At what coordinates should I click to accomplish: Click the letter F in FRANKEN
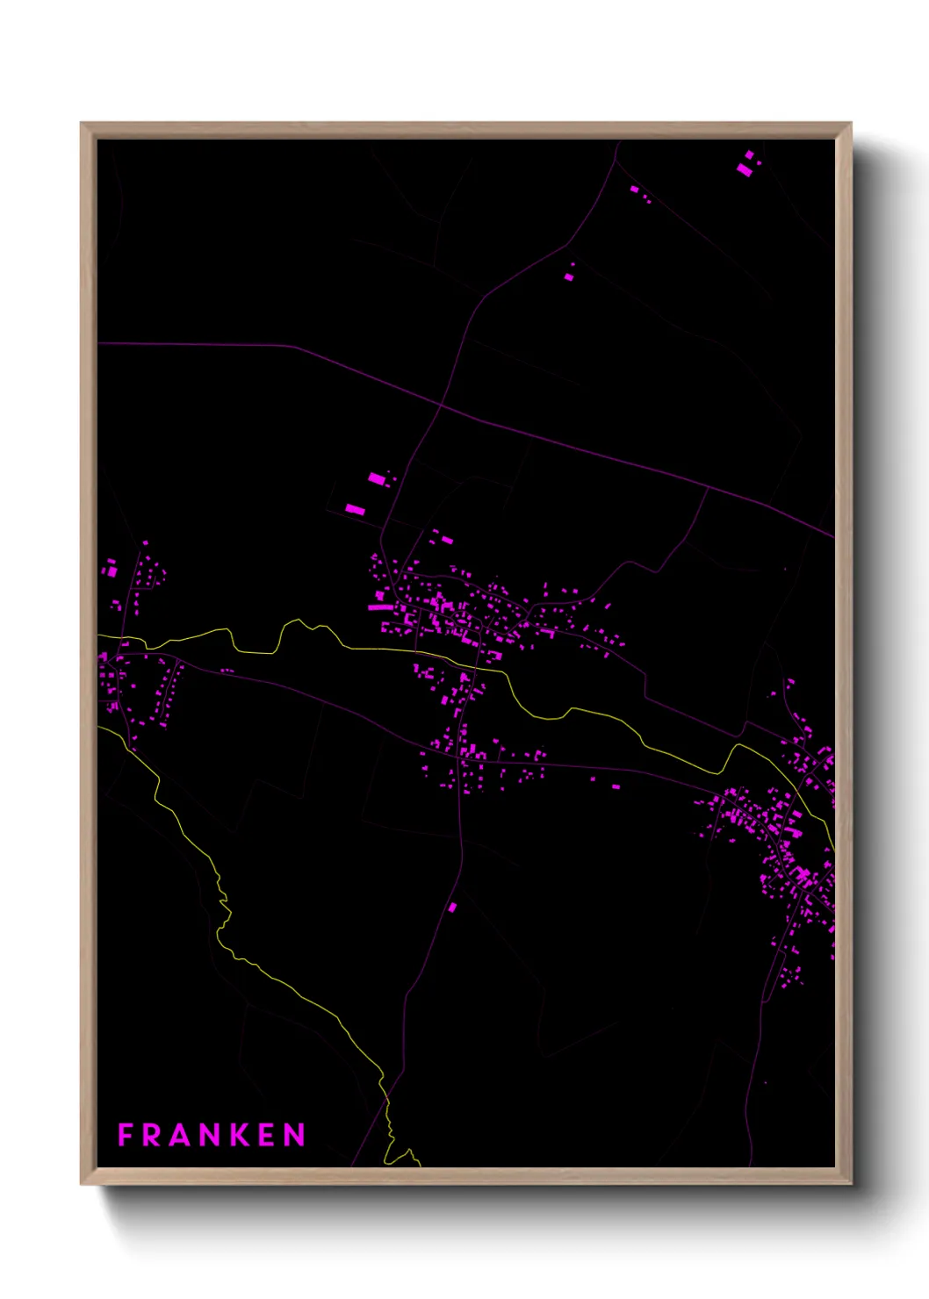click(126, 1135)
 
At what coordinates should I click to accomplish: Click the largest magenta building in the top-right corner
click(745, 169)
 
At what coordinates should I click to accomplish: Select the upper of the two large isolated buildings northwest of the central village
click(377, 478)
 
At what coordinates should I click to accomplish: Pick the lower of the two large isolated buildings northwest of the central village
click(355, 509)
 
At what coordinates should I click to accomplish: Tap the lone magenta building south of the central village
click(453, 908)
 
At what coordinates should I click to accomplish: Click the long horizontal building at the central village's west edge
click(379, 607)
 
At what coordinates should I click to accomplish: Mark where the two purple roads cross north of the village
click(441, 406)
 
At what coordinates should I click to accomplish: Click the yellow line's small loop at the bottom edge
click(406, 1157)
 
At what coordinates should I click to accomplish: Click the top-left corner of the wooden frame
click(82, 124)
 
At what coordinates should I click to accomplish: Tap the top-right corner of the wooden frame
click(850, 124)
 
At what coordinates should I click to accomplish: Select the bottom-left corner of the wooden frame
click(82, 1183)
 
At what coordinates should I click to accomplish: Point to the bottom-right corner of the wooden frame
click(850, 1183)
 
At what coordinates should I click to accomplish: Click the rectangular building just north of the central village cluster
click(447, 540)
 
